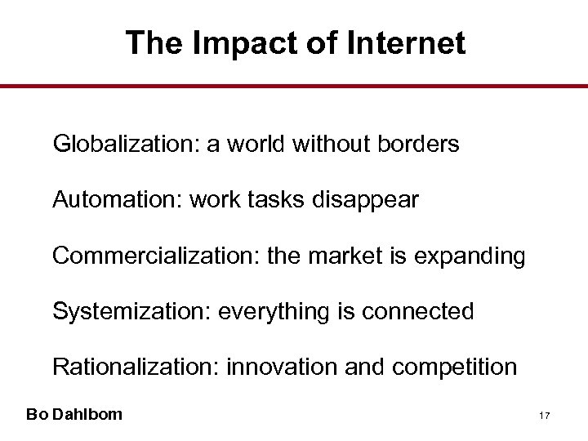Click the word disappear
point(373,200)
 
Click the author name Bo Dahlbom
point(74,414)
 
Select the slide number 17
point(545,416)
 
